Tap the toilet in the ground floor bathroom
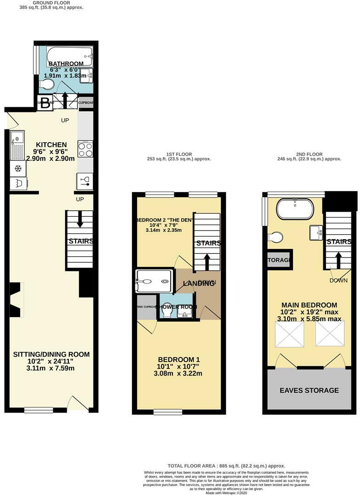46,84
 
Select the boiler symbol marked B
45,103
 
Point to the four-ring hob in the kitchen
85,150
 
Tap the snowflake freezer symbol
18,169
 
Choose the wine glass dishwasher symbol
85,181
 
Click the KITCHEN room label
51,144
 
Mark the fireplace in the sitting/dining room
17,300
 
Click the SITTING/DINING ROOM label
51,354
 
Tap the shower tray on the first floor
154,281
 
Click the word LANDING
199,284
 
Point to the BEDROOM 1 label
179,359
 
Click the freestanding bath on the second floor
295,209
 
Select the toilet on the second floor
276,237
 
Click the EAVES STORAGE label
309,390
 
